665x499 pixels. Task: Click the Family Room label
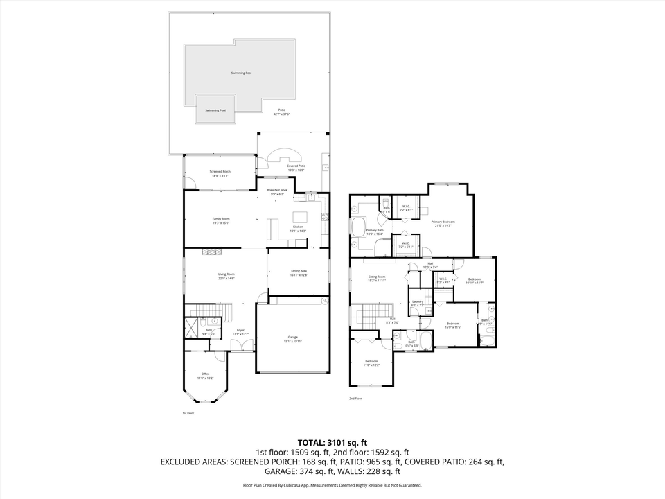[x=221, y=219]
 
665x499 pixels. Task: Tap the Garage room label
[x=293, y=338]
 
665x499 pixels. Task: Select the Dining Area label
[x=299, y=271]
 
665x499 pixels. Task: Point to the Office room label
[x=205, y=374]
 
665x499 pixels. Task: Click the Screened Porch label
[x=219, y=172]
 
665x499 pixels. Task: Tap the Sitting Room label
[x=377, y=277]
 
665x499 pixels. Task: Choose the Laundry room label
[x=417, y=302]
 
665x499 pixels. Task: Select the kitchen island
[x=300, y=216]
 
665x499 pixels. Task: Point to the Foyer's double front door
[x=242, y=351]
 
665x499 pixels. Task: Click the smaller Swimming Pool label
[x=215, y=110]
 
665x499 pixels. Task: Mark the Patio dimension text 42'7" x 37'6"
[x=282, y=114]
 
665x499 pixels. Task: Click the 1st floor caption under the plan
[x=188, y=413]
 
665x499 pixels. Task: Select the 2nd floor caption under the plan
[x=355, y=399]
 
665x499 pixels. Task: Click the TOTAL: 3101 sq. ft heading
[x=332, y=441]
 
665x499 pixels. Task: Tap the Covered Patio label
[x=296, y=166]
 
